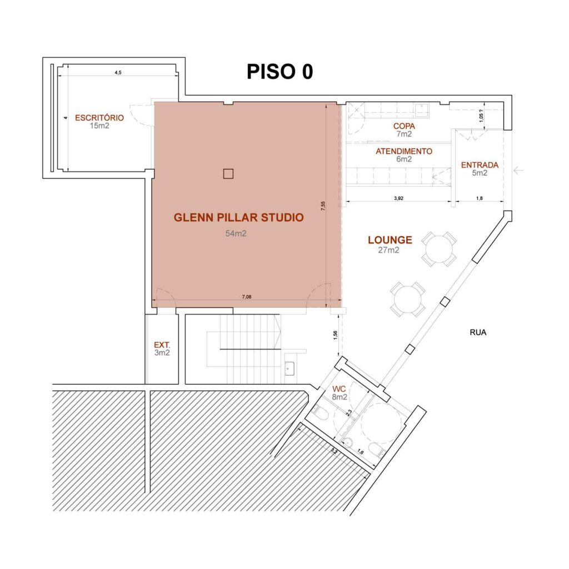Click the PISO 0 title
pyautogui.click(x=279, y=72)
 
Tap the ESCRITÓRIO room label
pyautogui.click(x=99, y=118)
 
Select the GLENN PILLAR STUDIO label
pyautogui.click(x=239, y=217)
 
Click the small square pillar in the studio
pyautogui.click(x=228, y=174)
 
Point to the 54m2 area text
pyautogui.click(x=236, y=234)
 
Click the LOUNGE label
pyautogui.click(x=390, y=240)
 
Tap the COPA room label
pyautogui.click(x=404, y=126)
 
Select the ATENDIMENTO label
pyautogui.click(x=403, y=151)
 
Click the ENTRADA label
pyautogui.click(x=480, y=165)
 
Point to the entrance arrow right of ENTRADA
pyautogui.click(x=519, y=171)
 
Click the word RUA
pyautogui.click(x=478, y=333)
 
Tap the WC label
pyautogui.click(x=339, y=388)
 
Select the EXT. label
pyautogui.click(x=162, y=344)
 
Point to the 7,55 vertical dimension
pyautogui.click(x=323, y=205)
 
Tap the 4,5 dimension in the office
pyautogui.click(x=118, y=72)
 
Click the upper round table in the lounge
pyautogui.click(x=438, y=249)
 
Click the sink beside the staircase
pyautogui.click(x=290, y=367)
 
